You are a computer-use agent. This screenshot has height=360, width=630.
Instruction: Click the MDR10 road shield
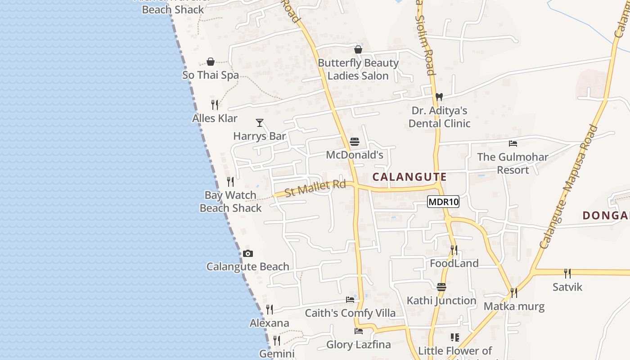point(443,202)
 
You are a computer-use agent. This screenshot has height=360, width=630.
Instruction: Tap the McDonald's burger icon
point(355,142)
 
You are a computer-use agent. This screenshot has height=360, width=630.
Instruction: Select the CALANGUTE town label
point(409,177)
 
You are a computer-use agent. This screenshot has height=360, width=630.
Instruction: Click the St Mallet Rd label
point(315,188)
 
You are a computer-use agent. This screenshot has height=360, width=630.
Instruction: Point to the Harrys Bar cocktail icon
point(260,122)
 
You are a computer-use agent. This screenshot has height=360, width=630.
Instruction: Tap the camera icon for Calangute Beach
point(247,254)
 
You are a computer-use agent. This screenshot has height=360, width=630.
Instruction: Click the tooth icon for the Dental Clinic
point(439,97)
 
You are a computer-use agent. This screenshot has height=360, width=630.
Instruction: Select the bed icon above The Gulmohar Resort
point(513,144)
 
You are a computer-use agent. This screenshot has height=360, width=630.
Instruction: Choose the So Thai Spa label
point(211,75)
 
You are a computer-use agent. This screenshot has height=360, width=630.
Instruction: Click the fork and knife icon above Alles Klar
point(215,105)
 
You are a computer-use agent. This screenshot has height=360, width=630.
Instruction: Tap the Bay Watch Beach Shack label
point(230,202)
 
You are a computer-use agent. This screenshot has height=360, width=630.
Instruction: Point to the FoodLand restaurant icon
point(454,250)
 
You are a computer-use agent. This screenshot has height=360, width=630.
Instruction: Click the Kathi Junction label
point(441,301)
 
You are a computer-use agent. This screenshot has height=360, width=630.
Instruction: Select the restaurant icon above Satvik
point(567,273)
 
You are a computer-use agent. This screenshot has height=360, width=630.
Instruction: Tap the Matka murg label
point(514,307)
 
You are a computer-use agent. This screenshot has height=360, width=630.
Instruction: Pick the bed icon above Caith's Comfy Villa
point(350,300)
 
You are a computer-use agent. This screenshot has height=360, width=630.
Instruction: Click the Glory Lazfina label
point(358,345)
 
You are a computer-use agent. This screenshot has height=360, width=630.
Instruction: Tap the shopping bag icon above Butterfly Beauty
point(358,49)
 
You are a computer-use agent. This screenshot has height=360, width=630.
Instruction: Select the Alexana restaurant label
point(270,323)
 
